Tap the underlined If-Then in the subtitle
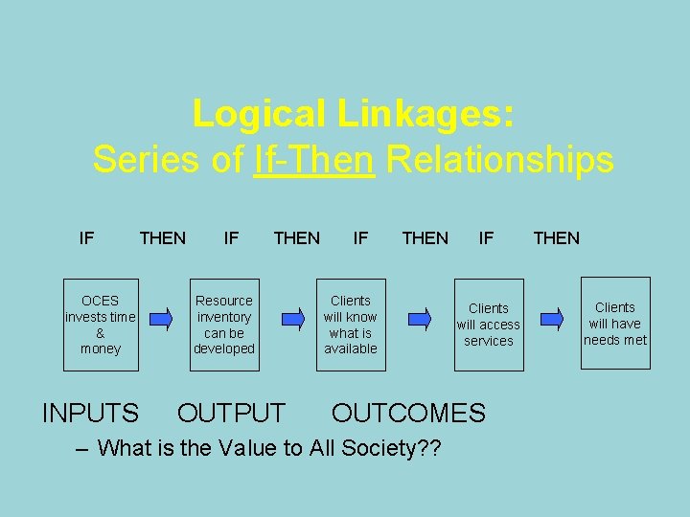pyautogui.click(x=313, y=159)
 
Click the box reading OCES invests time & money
pyautogui.click(x=101, y=325)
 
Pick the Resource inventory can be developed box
pyautogui.click(x=224, y=325)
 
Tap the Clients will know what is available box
pyautogui.click(x=351, y=325)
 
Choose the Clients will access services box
pyautogui.click(x=489, y=325)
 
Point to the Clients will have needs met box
pyautogui.click(x=615, y=324)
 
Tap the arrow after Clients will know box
pyautogui.click(x=420, y=318)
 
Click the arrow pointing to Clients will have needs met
pyautogui.click(x=552, y=318)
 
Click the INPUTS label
pyautogui.click(x=91, y=413)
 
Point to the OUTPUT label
pyautogui.click(x=231, y=413)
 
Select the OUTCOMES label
pyautogui.click(x=408, y=413)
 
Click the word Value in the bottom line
pyautogui.click(x=253, y=447)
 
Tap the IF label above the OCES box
pyautogui.click(x=86, y=237)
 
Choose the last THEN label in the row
pyautogui.click(x=557, y=237)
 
